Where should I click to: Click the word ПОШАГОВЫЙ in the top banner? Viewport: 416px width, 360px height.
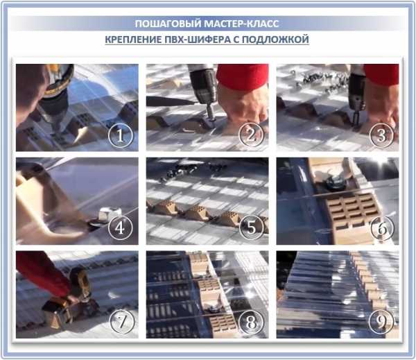(168, 24)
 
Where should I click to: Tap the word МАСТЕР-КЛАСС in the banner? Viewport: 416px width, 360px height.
(242, 24)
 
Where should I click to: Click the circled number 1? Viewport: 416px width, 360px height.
(120, 135)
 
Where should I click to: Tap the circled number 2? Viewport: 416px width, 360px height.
(251, 135)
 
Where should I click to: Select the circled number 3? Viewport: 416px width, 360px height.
(381, 135)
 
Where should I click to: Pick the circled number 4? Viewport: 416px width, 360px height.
(120, 228)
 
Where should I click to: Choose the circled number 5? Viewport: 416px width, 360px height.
(251, 228)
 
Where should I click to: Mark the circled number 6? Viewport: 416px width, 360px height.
(382, 228)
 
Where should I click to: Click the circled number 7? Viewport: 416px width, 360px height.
(122, 322)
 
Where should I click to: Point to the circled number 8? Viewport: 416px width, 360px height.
(251, 322)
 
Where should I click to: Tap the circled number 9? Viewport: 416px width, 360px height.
(381, 322)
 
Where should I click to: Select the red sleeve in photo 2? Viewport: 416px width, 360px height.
(243, 76)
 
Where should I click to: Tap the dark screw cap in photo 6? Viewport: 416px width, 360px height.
(336, 183)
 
